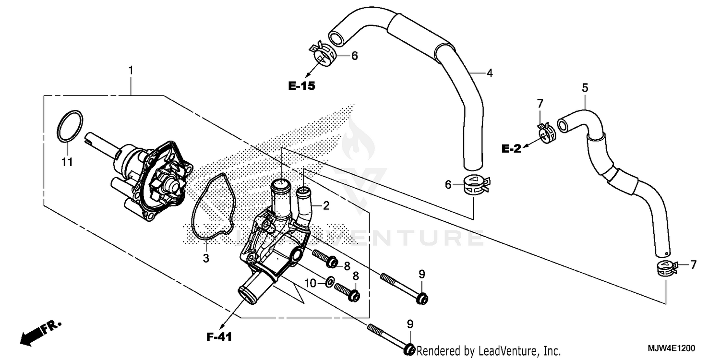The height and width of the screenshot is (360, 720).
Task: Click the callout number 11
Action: (x=67, y=162)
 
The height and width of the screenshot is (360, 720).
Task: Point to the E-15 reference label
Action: (x=301, y=86)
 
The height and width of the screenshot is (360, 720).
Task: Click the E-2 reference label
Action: (x=511, y=149)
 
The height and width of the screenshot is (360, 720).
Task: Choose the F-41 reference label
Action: (x=219, y=337)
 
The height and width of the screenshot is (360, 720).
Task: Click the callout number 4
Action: (x=489, y=73)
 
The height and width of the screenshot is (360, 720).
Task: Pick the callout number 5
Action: (x=585, y=88)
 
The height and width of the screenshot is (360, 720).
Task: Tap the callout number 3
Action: (x=205, y=259)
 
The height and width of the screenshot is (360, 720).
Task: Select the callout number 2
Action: (x=326, y=206)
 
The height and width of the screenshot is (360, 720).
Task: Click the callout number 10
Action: (x=311, y=284)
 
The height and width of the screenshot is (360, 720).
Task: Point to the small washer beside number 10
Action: (x=330, y=281)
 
